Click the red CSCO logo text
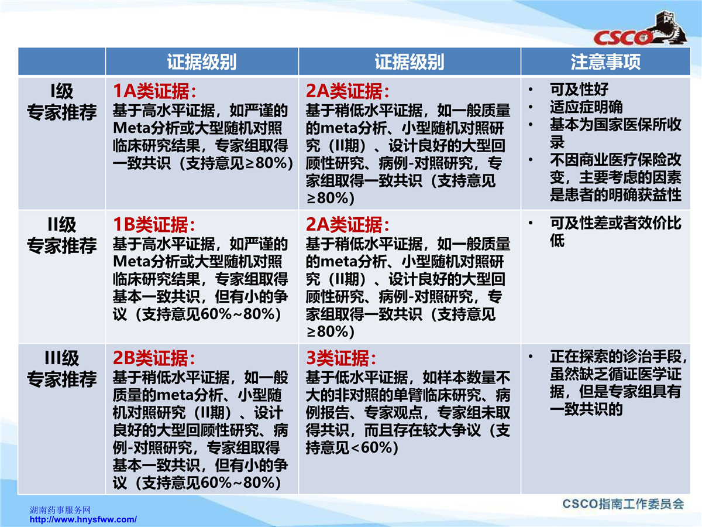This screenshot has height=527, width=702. (x=622, y=38)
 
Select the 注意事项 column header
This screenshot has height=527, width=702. (x=605, y=61)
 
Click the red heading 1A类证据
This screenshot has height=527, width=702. (x=155, y=91)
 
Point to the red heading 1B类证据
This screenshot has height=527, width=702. (x=154, y=224)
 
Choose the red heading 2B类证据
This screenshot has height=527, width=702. (x=154, y=358)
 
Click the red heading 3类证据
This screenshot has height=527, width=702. (x=341, y=358)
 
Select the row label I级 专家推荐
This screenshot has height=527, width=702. (x=62, y=102)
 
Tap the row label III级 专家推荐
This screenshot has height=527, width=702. (x=62, y=368)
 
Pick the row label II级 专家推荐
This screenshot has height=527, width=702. (x=62, y=235)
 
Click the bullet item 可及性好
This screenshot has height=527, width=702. (x=579, y=89)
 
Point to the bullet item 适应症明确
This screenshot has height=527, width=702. (x=586, y=107)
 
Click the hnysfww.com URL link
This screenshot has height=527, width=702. (x=83, y=519)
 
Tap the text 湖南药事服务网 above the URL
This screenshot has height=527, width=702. (x=60, y=509)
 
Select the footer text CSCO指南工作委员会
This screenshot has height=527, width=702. (x=623, y=504)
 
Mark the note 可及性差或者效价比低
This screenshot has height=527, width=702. (x=615, y=231)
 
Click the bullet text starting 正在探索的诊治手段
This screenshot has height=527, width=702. (x=619, y=382)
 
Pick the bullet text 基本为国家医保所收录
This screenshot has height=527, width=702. (x=615, y=133)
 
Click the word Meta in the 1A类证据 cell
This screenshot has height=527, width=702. (x=132, y=128)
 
